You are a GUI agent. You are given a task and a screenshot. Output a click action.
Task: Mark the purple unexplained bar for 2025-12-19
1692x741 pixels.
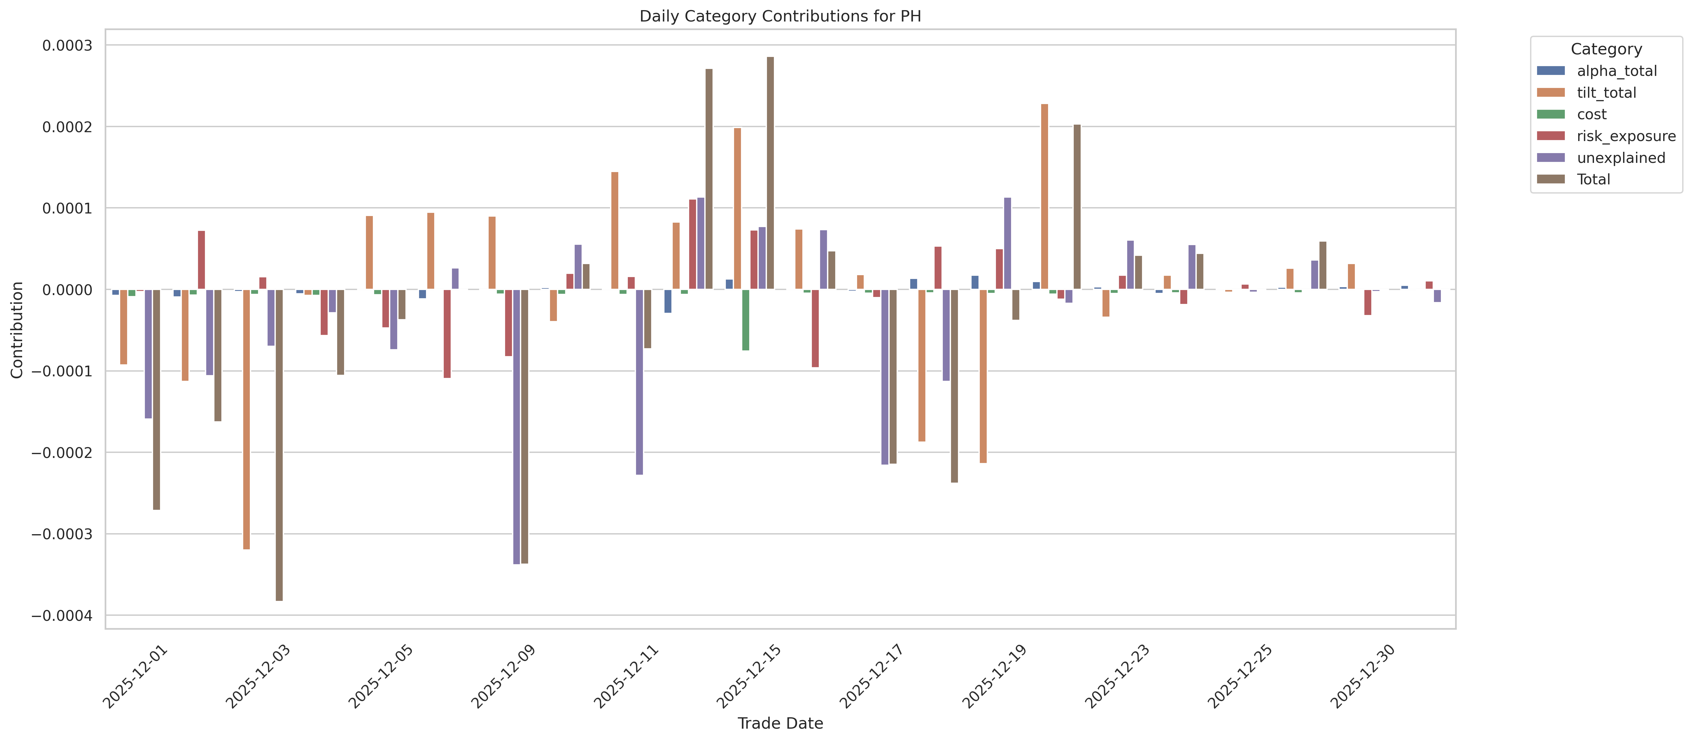[x=1008, y=243]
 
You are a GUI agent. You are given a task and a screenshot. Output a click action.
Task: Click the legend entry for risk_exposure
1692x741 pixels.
[x=1626, y=136]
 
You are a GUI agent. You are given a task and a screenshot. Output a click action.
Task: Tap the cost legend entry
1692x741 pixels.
[x=1591, y=114]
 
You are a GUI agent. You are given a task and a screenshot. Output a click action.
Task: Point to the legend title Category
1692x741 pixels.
[x=1606, y=49]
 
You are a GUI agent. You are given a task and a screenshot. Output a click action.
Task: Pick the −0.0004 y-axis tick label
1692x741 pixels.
[x=62, y=615]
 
